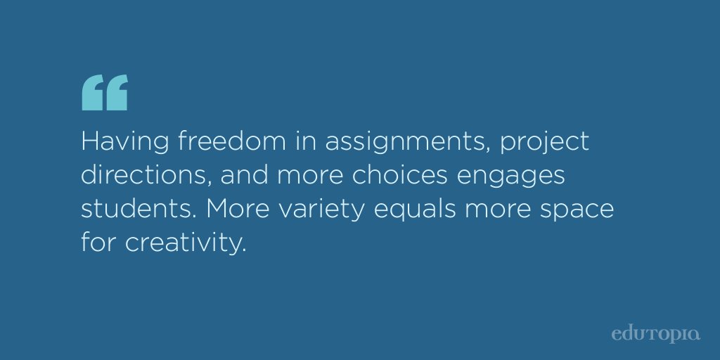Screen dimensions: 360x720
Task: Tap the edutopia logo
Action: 655,332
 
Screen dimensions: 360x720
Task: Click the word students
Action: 131,210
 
